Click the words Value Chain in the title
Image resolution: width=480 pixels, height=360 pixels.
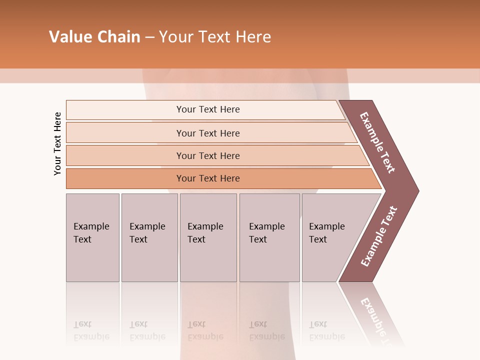(x=94, y=37)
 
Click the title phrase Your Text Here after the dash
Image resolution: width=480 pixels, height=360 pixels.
(x=215, y=37)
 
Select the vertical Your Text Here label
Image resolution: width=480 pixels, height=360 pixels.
(x=57, y=143)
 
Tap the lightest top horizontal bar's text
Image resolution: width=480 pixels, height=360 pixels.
(x=208, y=109)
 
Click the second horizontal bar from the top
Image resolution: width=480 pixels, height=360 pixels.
(x=208, y=133)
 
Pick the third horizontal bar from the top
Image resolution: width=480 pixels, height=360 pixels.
(x=208, y=155)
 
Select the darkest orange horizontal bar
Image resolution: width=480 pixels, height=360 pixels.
(x=208, y=178)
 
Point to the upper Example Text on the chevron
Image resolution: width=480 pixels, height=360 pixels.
(x=377, y=142)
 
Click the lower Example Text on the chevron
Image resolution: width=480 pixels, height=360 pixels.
(x=378, y=236)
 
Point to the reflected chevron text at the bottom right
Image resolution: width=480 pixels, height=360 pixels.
(x=377, y=320)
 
